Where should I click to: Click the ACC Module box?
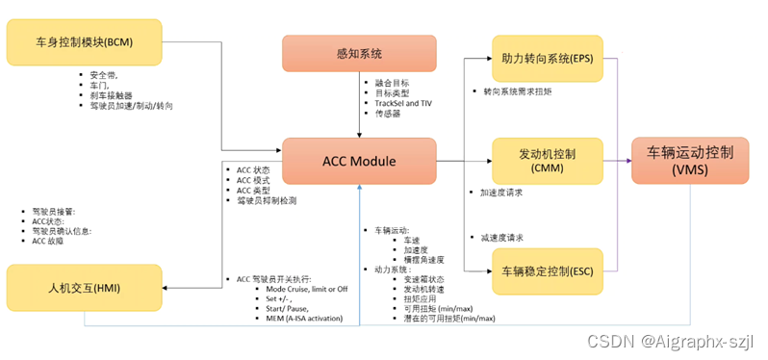358,161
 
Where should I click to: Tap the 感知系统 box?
358,53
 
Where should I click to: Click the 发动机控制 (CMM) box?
547,161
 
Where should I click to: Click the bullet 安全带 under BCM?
105,73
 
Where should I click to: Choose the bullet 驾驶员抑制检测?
267,201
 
